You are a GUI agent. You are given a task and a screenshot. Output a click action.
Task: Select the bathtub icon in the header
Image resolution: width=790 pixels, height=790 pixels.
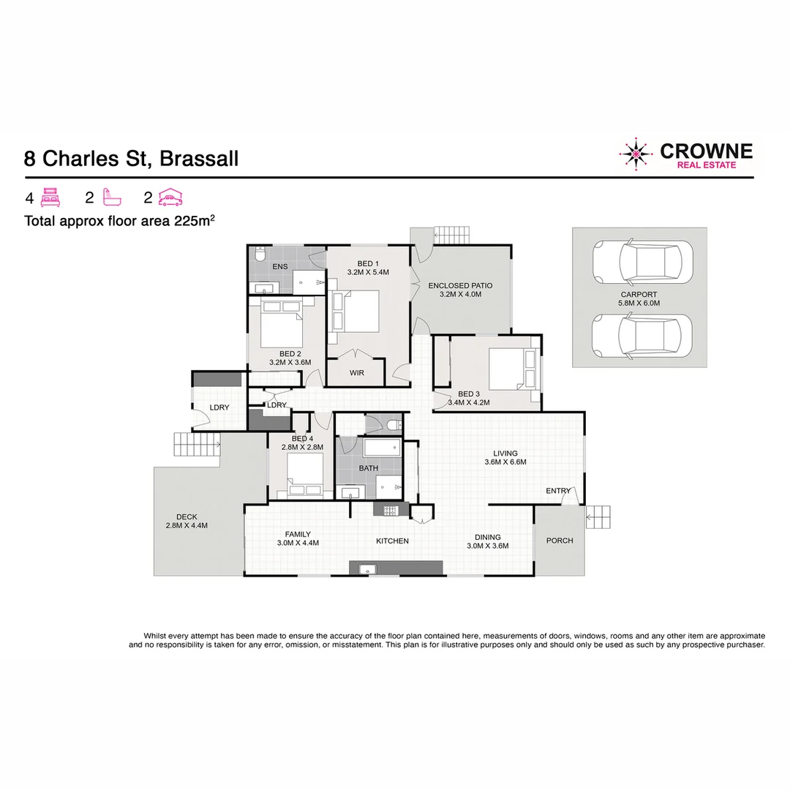[x=112, y=197]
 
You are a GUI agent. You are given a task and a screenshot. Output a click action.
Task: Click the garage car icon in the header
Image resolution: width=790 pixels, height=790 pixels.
[x=170, y=197]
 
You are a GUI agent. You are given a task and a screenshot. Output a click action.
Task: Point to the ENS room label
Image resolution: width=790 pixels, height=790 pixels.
[x=279, y=267]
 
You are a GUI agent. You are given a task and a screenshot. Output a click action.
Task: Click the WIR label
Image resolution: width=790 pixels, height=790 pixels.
[x=356, y=373]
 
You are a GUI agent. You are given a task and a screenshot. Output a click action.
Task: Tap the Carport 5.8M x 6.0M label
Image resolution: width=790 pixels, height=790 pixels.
[x=639, y=298]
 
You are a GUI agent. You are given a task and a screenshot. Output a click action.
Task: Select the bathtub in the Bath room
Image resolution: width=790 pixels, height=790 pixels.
[x=382, y=447]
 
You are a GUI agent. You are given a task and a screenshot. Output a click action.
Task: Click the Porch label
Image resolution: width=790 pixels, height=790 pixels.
[x=560, y=541]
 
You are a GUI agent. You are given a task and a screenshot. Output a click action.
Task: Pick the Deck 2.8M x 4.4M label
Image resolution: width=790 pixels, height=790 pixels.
[x=187, y=521]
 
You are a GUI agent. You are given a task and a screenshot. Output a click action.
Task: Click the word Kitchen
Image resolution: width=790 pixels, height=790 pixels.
[x=392, y=541]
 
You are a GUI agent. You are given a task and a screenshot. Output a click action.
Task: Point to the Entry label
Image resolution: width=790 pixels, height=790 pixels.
[x=558, y=491]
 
